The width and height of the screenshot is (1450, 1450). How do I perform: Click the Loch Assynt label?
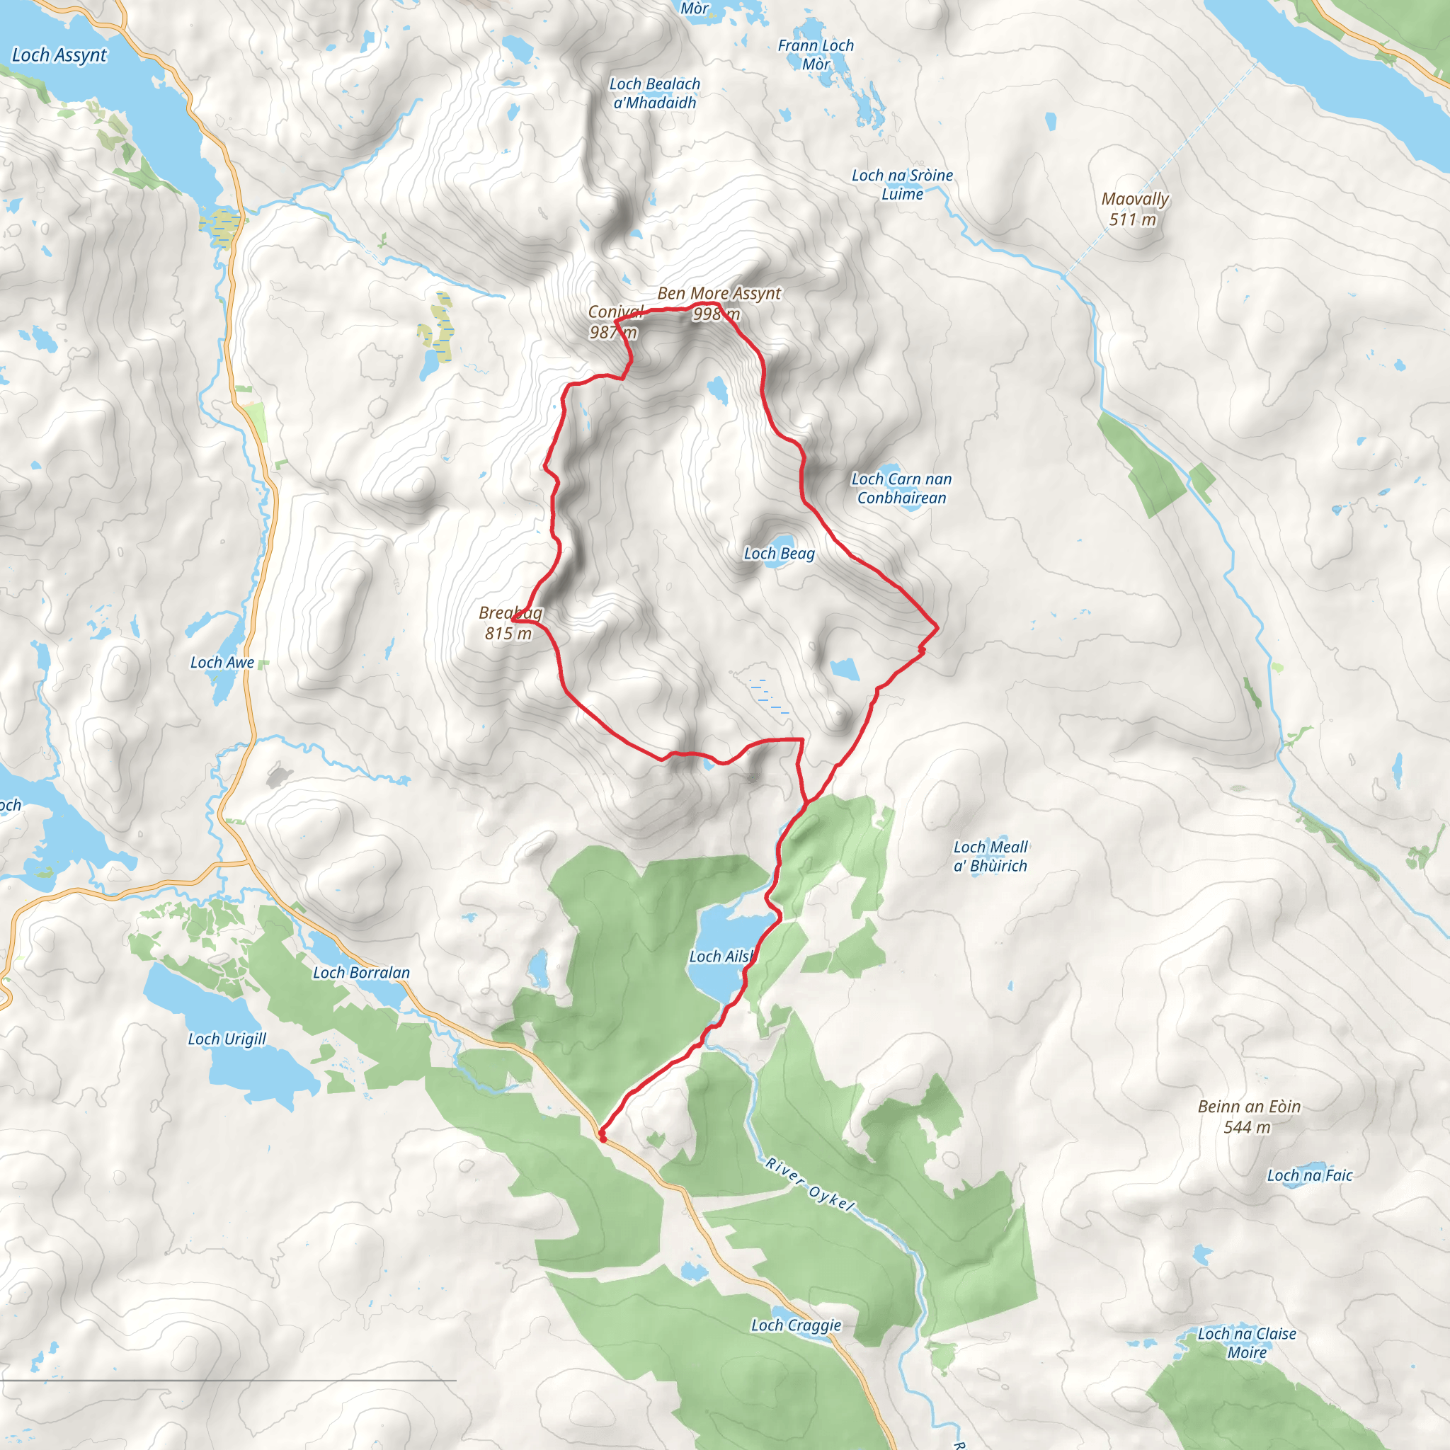click(59, 55)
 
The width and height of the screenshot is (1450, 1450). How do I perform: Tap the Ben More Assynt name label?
click(719, 293)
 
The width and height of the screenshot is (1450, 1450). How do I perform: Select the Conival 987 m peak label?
click(614, 322)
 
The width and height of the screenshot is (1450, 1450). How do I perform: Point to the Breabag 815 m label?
click(510, 624)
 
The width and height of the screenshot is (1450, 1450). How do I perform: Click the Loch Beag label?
click(779, 554)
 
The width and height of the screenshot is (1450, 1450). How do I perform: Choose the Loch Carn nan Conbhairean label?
click(901, 489)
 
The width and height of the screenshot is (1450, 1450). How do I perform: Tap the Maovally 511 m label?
click(1135, 210)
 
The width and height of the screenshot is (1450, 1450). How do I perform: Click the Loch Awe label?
click(222, 663)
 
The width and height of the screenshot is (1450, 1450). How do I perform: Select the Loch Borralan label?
click(361, 973)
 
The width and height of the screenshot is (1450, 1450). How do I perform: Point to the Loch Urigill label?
click(227, 1039)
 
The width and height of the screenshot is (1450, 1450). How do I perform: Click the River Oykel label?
click(810, 1185)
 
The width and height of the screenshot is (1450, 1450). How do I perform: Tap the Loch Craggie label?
click(797, 1325)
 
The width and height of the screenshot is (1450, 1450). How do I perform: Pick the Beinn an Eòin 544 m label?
click(1249, 1117)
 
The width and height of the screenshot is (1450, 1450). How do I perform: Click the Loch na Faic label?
click(1310, 1176)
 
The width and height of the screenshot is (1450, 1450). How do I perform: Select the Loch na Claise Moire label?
click(1247, 1343)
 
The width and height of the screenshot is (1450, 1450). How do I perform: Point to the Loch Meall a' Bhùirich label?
click(990, 857)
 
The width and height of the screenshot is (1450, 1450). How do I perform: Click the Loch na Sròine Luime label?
click(902, 185)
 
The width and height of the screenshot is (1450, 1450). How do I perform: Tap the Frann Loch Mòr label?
click(816, 55)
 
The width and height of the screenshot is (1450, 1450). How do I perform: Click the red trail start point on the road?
click(603, 1138)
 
